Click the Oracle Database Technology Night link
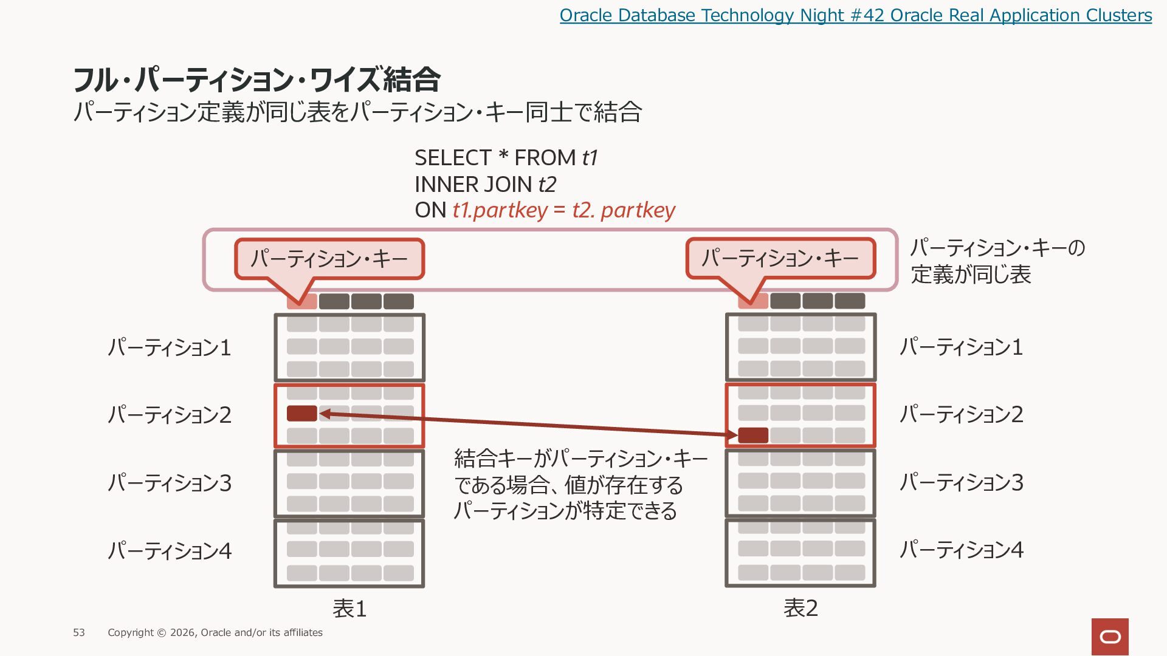click(856, 15)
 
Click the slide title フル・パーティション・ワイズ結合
click(256, 79)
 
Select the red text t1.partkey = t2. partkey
click(563, 210)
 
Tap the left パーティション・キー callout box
click(329, 259)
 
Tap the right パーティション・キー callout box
click(781, 258)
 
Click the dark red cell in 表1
click(302, 414)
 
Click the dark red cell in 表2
click(753, 436)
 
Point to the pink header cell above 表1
click(302, 301)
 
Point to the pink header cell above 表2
click(753, 301)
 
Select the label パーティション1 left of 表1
click(170, 347)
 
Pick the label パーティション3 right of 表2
click(962, 482)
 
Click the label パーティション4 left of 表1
click(170, 550)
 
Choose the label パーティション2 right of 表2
click(962, 414)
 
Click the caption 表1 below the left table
click(349, 609)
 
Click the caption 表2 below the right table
click(800, 608)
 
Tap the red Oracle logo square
click(1110, 637)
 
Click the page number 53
click(79, 633)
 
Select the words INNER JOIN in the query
click(474, 184)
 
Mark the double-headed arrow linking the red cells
click(528, 425)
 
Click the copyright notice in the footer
click(215, 633)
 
